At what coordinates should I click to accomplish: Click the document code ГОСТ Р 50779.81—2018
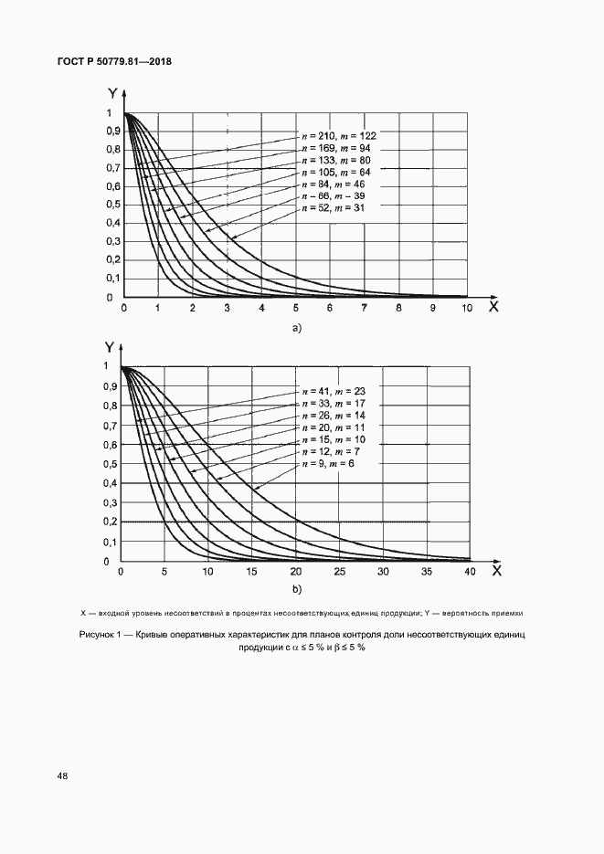[x=115, y=62]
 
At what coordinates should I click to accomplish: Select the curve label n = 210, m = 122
[x=338, y=134]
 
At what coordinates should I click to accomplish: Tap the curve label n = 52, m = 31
[x=334, y=209]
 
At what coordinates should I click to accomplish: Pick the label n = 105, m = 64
[x=338, y=172]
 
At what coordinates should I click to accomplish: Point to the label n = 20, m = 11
[x=334, y=427]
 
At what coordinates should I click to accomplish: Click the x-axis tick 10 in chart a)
[x=467, y=311]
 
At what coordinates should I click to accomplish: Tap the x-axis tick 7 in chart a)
[x=364, y=311]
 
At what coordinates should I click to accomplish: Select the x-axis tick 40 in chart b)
[x=470, y=572]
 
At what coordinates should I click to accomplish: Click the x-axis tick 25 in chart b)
[x=339, y=572]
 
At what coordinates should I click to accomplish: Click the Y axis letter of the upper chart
[x=111, y=92]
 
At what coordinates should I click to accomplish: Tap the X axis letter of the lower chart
[x=495, y=572]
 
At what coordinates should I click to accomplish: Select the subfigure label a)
[x=295, y=327]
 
